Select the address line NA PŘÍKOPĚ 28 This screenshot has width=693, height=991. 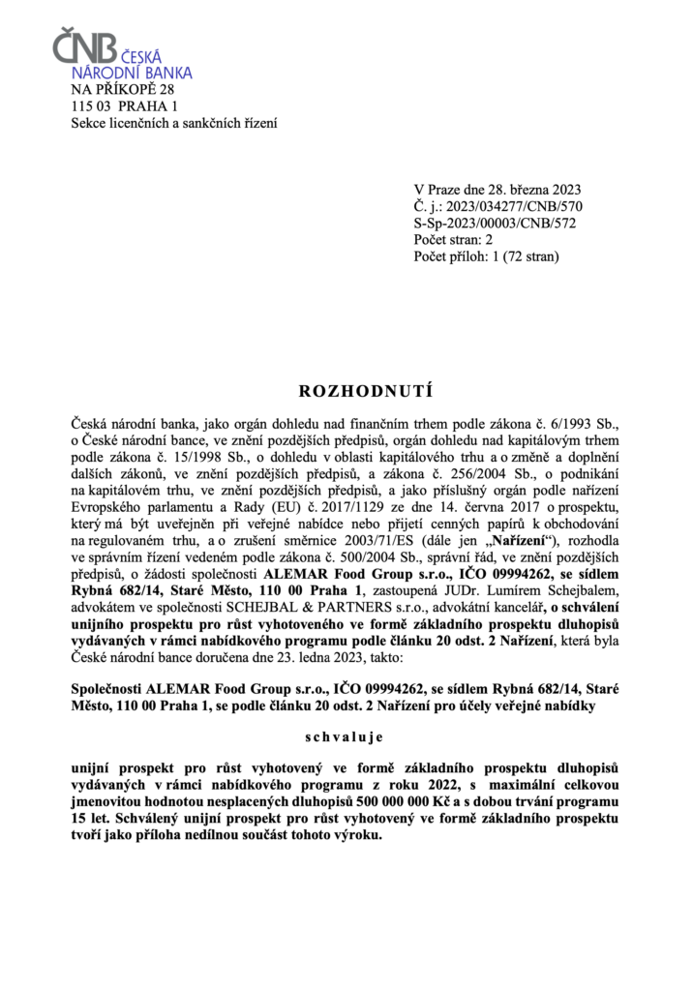pos(123,89)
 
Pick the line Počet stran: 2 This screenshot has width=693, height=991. pos(453,240)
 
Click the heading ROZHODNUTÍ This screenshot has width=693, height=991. pos(346,392)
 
